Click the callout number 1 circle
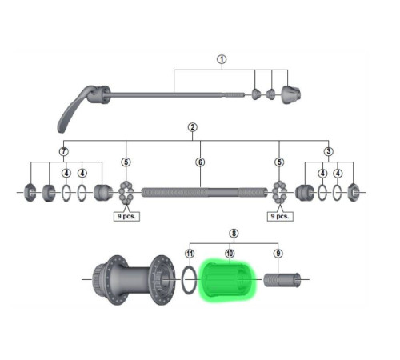click(x=222, y=59)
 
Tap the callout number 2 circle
click(x=192, y=128)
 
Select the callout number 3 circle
click(x=329, y=151)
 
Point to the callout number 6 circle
click(x=201, y=162)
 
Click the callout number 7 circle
click(x=64, y=151)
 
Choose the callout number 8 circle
click(x=234, y=234)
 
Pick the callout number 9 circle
click(x=278, y=253)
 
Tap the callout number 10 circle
click(x=230, y=253)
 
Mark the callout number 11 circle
click(x=189, y=253)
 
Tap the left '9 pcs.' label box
click(x=125, y=216)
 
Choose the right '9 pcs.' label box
click(x=278, y=216)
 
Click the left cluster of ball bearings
click(x=126, y=193)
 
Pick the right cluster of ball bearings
click(x=278, y=193)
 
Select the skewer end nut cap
click(x=291, y=95)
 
